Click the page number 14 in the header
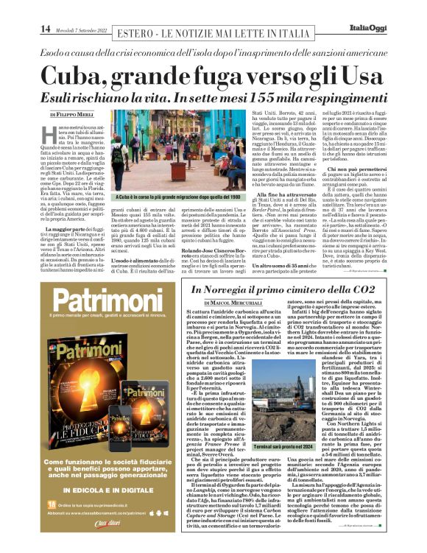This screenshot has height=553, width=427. click(46, 29)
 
